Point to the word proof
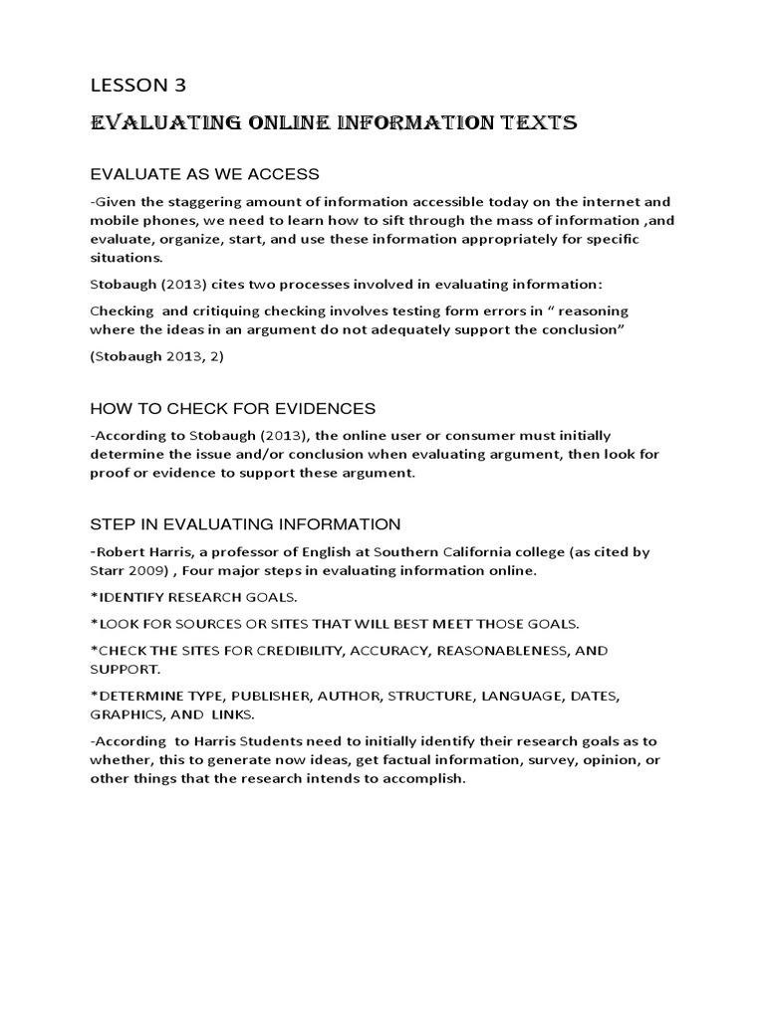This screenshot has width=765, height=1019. pyautogui.click(x=111, y=474)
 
